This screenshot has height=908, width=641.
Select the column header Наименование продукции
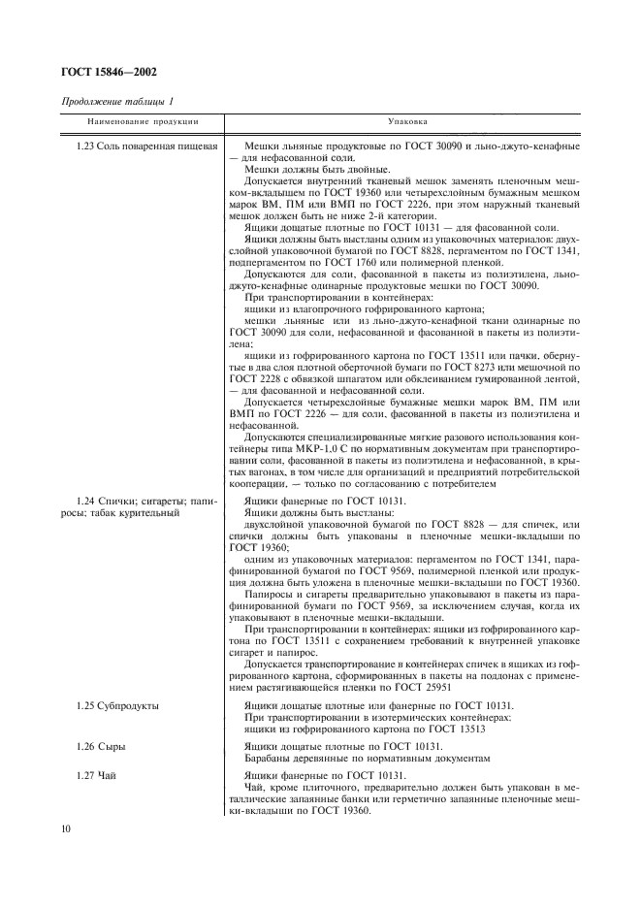pos(143,123)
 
